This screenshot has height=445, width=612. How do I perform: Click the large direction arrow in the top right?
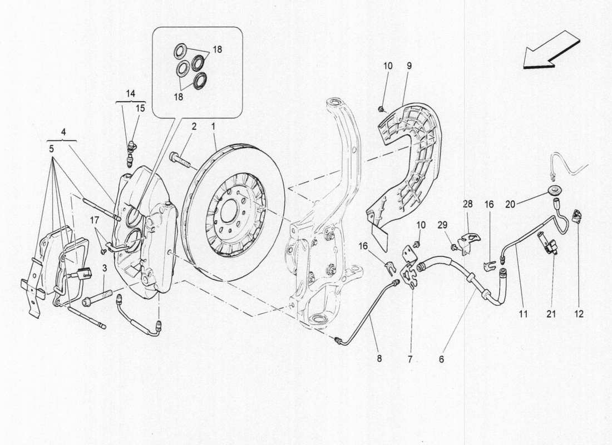click(x=551, y=51)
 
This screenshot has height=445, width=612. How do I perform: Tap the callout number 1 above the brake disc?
click(x=212, y=127)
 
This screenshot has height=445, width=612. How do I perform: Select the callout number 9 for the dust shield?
click(x=409, y=66)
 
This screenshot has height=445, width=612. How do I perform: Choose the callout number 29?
click(x=442, y=224)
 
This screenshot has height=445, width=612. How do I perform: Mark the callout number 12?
click(x=579, y=314)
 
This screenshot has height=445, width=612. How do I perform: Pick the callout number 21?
click(x=551, y=314)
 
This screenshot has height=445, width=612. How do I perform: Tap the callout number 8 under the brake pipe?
click(x=379, y=359)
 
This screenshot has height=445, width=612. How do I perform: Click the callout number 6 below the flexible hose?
click(x=441, y=359)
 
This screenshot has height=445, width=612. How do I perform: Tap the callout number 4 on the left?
click(x=64, y=132)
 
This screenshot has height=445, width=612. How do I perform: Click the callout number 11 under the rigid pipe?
click(x=523, y=314)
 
